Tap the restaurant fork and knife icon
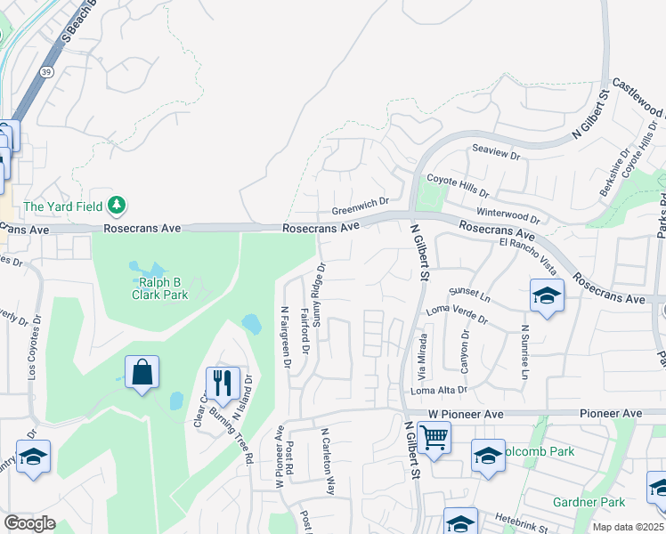click(223, 383)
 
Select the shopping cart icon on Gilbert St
click(434, 438)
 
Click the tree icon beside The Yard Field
click(116, 206)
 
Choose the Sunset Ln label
click(470, 291)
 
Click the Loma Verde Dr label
click(458, 310)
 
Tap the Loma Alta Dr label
click(439, 390)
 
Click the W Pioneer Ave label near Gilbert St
click(467, 414)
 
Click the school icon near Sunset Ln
click(547, 295)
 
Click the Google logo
click(29, 523)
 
